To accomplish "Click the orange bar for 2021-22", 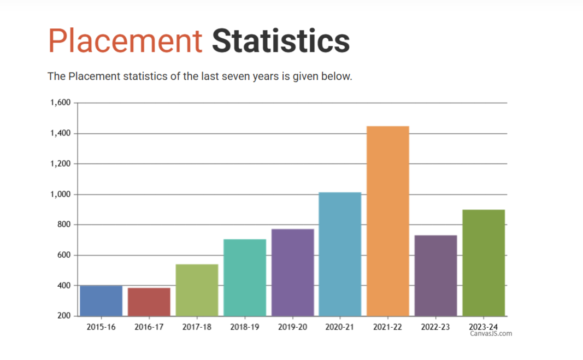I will pos(387,221).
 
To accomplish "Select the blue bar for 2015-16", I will pos(101,300).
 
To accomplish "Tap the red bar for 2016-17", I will pos(149,302).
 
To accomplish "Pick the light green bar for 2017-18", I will pos(197,290).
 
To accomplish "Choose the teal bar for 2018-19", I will pos(244,278).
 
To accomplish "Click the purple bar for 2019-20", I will pos(292,272).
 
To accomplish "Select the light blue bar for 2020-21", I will pos(340,254).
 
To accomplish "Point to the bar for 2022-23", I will pos(435,275).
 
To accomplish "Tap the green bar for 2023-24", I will pos(483,263).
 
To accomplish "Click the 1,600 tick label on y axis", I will pos(61,103).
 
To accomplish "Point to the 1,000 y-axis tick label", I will pos(61,194).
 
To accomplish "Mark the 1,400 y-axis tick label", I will pos(61,133).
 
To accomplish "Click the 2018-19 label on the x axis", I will pos(244,327).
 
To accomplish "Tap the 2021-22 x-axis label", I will pos(387,327).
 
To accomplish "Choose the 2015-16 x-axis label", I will pos(101,327).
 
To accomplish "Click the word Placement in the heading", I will pos(125,40).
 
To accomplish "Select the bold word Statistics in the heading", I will pos(281,40).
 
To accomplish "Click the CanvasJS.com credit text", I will pos(491,334).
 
